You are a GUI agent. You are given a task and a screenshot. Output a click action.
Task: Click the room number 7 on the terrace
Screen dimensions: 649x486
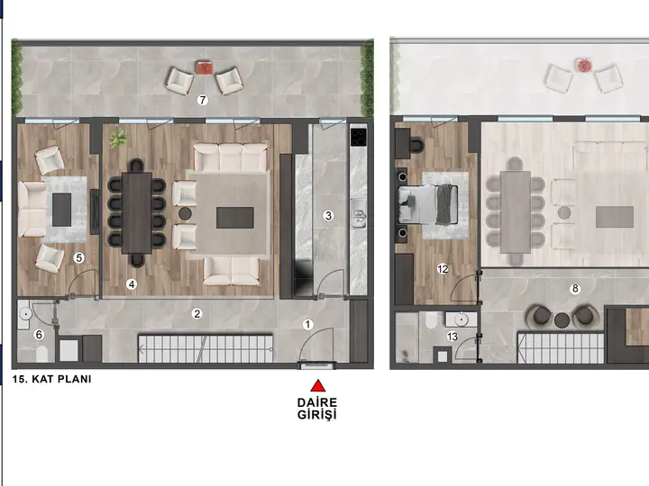tap(202, 100)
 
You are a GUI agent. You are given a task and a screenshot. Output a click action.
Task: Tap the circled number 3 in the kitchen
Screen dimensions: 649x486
tap(328, 215)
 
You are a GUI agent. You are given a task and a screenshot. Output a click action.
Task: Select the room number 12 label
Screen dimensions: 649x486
tap(443, 269)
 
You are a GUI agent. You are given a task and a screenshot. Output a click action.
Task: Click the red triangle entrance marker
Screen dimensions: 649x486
tap(318, 385)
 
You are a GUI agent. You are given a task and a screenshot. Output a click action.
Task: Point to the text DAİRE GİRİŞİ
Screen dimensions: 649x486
tap(317, 409)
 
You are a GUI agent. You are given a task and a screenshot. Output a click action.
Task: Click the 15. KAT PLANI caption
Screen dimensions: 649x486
tap(51, 379)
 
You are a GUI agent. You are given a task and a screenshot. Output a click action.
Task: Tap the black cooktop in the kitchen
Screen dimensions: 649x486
tap(359, 137)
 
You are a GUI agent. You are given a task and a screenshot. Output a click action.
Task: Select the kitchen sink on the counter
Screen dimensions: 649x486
tap(359, 213)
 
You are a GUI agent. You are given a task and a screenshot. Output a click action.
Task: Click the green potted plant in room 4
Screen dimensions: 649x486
tap(118, 138)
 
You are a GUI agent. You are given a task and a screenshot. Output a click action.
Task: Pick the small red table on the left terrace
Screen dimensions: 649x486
tap(204, 67)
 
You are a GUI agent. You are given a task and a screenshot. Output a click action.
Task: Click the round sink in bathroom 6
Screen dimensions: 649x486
tap(25, 314)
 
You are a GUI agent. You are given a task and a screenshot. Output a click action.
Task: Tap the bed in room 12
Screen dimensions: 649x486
tap(427, 204)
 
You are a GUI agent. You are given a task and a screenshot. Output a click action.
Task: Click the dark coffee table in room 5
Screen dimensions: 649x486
tap(61, 210)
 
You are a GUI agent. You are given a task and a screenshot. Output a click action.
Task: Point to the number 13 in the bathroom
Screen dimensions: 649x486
tap(452, 337)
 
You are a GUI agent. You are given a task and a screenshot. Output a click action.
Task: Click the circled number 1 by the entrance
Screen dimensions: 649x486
tap(307, 325)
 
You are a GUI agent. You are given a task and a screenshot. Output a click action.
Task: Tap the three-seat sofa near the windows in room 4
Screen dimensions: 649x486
tap(231, 157)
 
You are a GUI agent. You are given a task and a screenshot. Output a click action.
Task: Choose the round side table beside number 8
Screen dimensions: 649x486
tap(562, 319)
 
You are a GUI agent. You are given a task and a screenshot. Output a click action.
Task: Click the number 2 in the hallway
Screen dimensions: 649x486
tap(197, 314)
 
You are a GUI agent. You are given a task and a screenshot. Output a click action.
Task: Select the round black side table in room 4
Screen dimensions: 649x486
tap(185, 213)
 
